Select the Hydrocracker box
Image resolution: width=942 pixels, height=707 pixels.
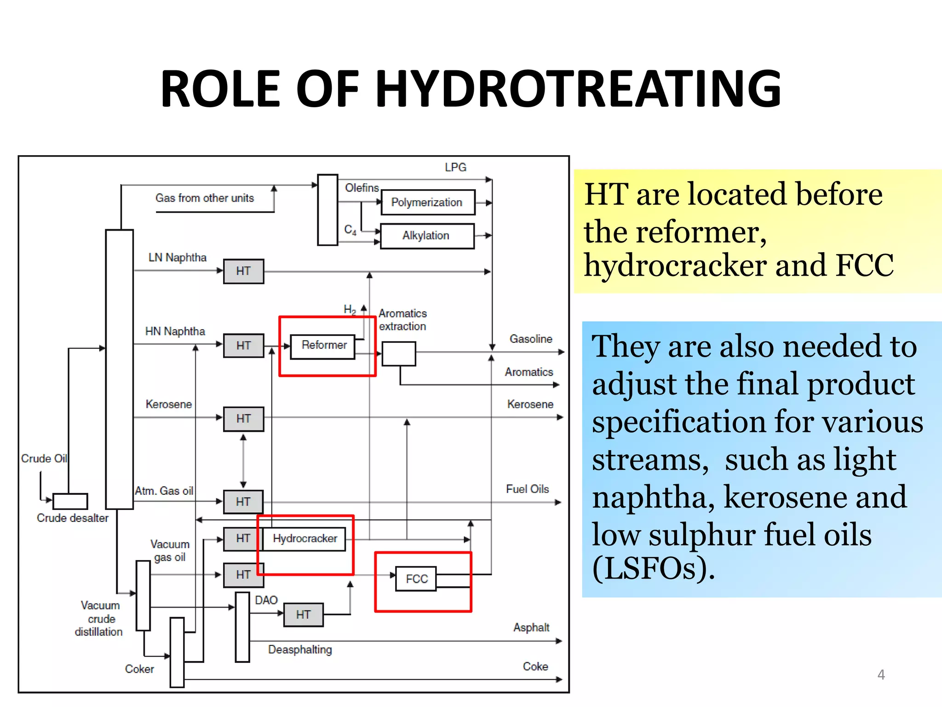pos(304,539)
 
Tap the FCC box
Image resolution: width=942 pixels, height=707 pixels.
pos(416,579)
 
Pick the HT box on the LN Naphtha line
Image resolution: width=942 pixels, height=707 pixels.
pos(243,271)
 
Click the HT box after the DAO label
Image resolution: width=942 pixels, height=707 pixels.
pos(303,615)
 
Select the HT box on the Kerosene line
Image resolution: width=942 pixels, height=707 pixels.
pos(243,419)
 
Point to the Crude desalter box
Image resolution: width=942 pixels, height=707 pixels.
pos(70,501)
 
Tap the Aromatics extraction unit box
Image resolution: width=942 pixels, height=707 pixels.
pos(399,353)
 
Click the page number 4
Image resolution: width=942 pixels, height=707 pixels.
pos(881,675)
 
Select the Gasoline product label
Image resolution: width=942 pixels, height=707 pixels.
pos(531,339)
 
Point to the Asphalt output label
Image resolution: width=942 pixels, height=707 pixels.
pos(531,627)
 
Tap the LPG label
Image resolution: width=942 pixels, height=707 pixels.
pos(455,168)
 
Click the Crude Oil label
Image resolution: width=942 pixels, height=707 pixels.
pos(44,458)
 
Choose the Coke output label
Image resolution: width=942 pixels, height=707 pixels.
pos(535,666)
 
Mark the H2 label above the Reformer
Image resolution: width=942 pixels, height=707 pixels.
pos(350,309)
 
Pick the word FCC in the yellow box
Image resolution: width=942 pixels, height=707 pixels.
pos(864,266)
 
